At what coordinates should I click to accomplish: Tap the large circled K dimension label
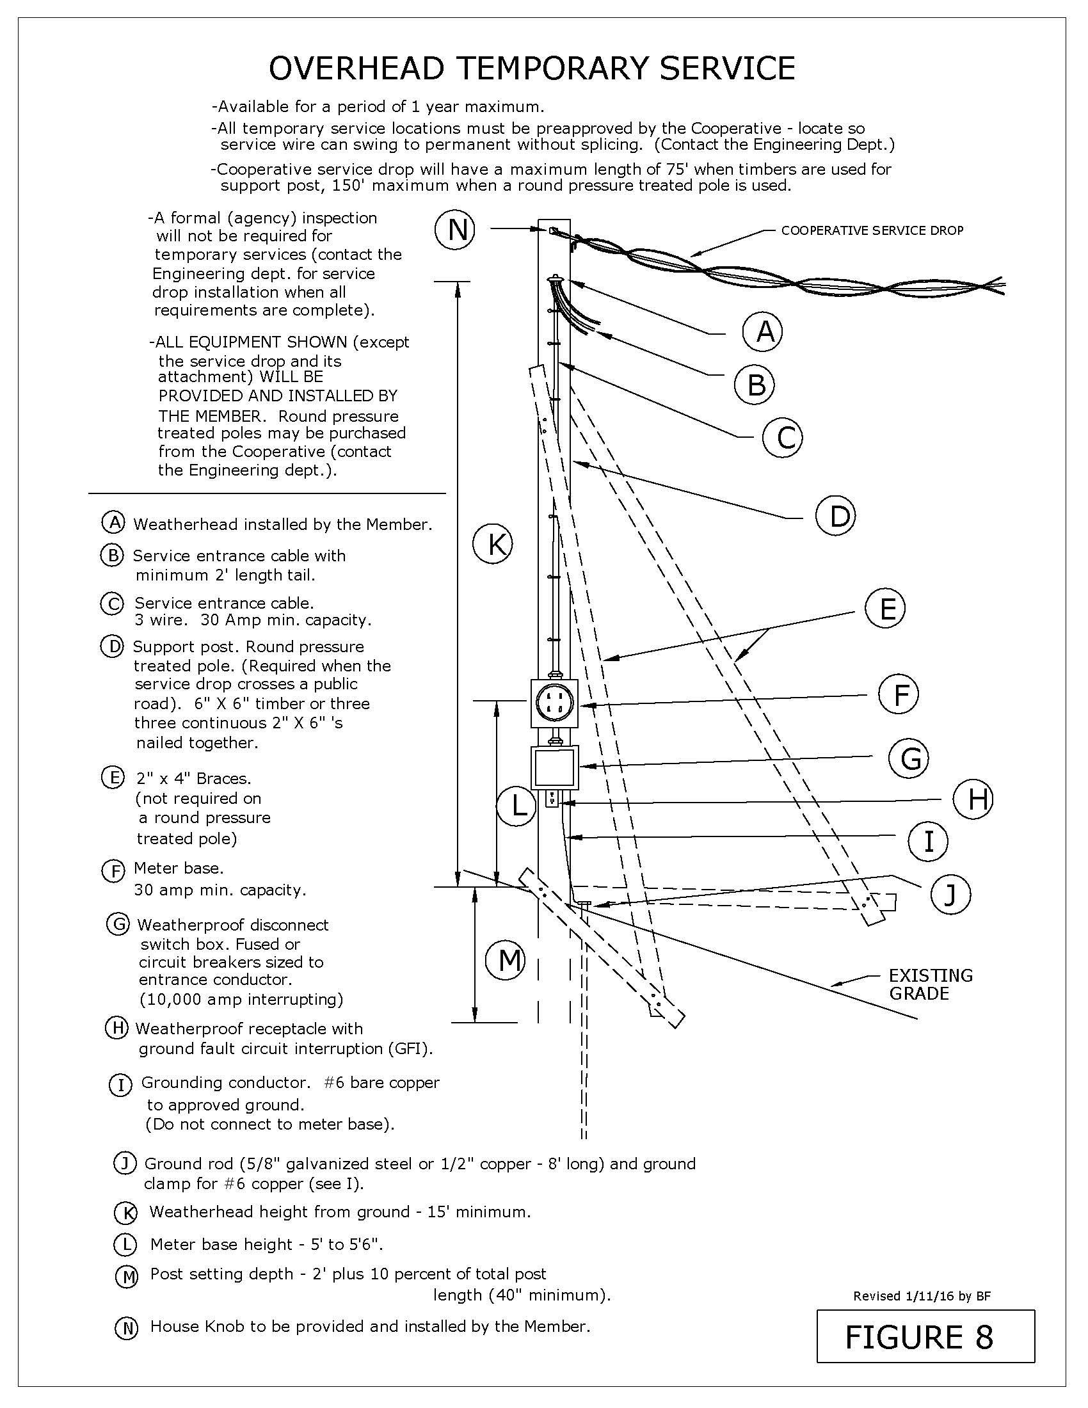pos(493,545)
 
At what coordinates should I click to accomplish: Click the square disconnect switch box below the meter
pos(554,767)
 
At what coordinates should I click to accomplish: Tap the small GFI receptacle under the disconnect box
pos(552,799)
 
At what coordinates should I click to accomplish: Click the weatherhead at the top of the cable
pos(554,280)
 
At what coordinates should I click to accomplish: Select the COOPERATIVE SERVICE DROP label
pos(872,231)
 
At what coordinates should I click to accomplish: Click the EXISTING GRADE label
pos(930,984)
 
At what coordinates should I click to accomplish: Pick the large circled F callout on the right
pos(899,695)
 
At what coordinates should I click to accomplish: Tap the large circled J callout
pos(950,895)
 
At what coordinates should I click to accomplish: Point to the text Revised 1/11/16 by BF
pos(921,1296)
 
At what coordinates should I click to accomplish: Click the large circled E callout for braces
pos(886,608)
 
